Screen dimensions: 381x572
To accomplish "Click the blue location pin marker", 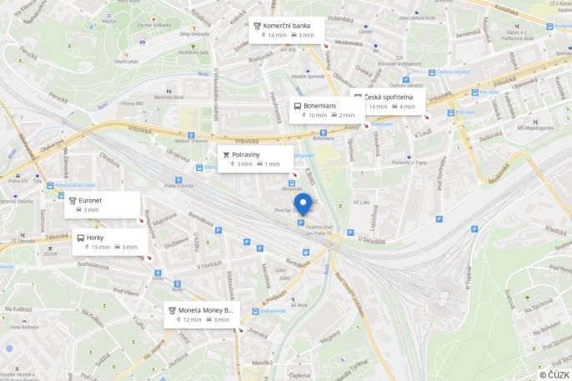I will pyautogui.click(x=303, y=204).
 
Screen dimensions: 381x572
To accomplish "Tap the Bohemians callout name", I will pyautogui.click(x=320, y=106).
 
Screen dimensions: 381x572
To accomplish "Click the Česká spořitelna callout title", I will pyautogui.click(x=389, y=97).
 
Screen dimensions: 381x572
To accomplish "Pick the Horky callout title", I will pyautogui.click(x=96, y=237).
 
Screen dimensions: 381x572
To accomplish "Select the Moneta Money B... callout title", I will pyautogui.click(x=206, y=310).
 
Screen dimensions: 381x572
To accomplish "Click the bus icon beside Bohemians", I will pyautogui.click(x=298, y=106).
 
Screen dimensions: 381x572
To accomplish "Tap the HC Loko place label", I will pyautogui.click(x=360, y=203).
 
